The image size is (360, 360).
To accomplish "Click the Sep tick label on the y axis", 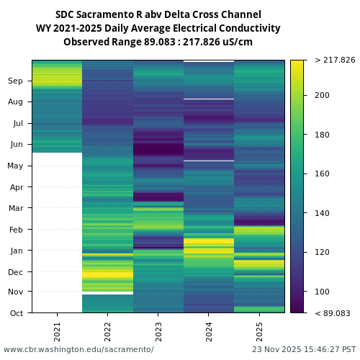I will pos(16,81).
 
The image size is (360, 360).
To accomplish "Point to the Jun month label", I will pos(16,145).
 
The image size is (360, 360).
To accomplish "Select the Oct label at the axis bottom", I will pos(16,313).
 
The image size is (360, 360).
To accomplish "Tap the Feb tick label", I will pos(16,230).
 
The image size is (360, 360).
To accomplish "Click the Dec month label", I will pos(16,272).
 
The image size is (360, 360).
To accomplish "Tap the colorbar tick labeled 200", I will pos(322,95).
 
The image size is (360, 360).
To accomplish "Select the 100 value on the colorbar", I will pos(322,292).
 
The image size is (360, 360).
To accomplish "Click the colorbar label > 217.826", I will pos(335,60).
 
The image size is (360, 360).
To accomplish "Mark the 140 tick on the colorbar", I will pos(322,213).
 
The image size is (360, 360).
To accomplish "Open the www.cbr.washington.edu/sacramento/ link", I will pos(78,349).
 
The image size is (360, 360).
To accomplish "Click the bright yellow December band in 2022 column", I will pos(107,274).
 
